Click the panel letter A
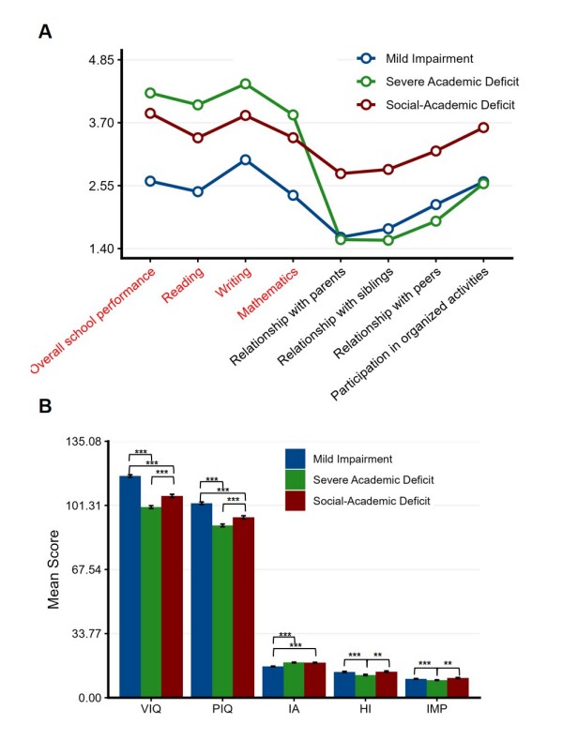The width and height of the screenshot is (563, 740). point(45,32)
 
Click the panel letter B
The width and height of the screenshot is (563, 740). point(45,406)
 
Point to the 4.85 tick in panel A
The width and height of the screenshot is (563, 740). point(101,60)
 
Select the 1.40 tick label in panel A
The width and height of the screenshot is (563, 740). point(101,249)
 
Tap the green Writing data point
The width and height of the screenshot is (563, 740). point(245,84)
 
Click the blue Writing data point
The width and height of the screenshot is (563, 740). point(245,160)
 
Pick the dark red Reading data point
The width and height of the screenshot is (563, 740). point(198,138)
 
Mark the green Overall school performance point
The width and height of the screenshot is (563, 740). point(150,93)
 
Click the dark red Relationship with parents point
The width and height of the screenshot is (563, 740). point(341,174)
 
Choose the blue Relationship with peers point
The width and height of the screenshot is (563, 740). point(436,204)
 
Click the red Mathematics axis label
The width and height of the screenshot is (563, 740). point(267,293)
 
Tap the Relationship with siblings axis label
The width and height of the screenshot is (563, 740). point(335,317)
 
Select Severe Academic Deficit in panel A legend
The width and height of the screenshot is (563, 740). point(452,82)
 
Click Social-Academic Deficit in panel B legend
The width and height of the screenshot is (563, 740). point(372,501)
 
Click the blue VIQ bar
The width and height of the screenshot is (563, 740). point(129,586)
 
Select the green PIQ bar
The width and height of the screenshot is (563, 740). point(222,612)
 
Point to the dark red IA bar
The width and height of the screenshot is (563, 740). point(315,680)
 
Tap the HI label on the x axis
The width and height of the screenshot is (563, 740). point(365,709)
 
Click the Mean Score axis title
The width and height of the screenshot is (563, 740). point(53,569)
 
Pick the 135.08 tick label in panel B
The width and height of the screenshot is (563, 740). point(84,442)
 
